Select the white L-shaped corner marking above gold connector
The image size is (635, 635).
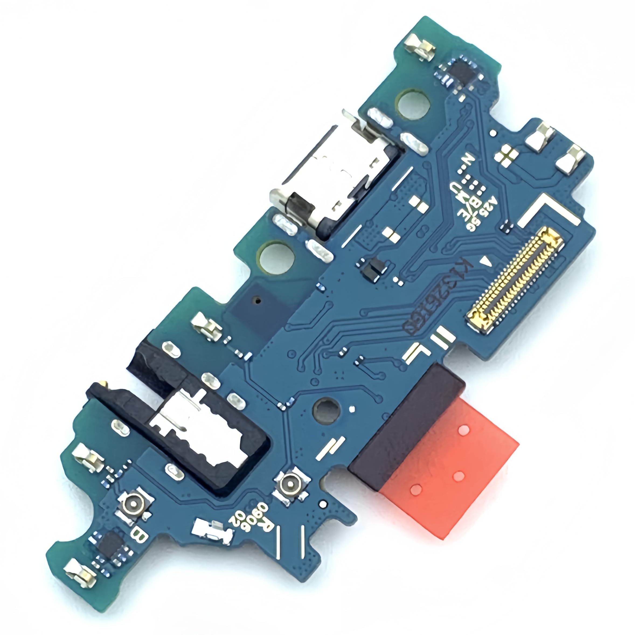point(547,211)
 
